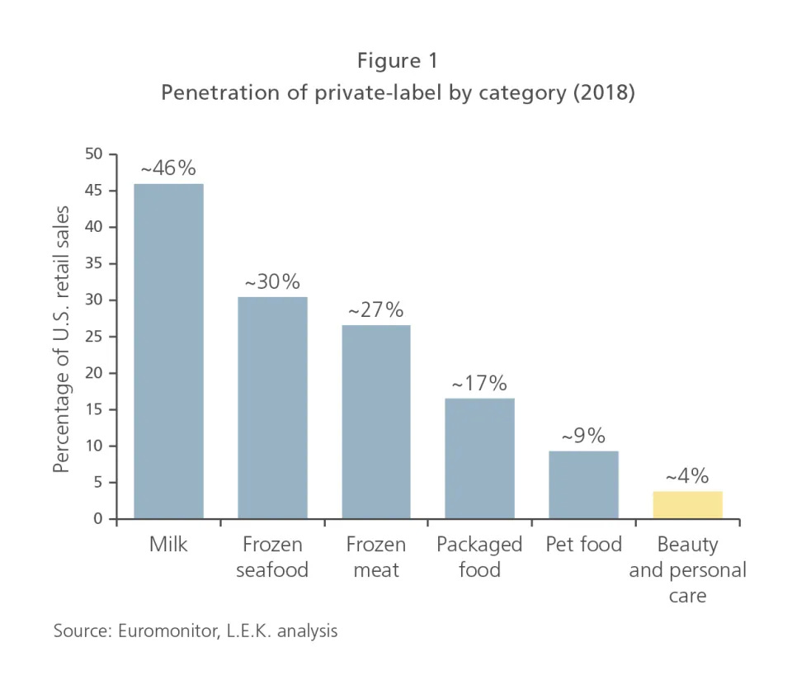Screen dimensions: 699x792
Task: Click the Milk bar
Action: (x=168, y=351)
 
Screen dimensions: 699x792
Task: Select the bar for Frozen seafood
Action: (x=272, y=408)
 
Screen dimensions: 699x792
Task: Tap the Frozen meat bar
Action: (x=376, y=422)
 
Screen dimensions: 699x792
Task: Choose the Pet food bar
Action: (x=583, y=485)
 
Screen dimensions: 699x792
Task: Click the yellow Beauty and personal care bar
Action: (x=687, y=505)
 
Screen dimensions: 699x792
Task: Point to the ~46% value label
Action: (x=168, y=169)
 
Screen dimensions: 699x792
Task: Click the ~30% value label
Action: (x=272, y=282)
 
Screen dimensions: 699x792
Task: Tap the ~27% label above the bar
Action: (x=376, y=310)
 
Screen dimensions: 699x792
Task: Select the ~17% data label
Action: (x=479, y=384)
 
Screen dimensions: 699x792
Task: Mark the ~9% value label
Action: (x=583, y=436)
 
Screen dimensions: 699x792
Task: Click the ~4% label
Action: (x=687, y=476)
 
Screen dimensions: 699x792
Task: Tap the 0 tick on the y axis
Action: (x=98, y=519)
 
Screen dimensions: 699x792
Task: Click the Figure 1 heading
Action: (x=398, y=61)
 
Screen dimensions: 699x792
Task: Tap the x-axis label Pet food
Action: (x=583, y=545)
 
